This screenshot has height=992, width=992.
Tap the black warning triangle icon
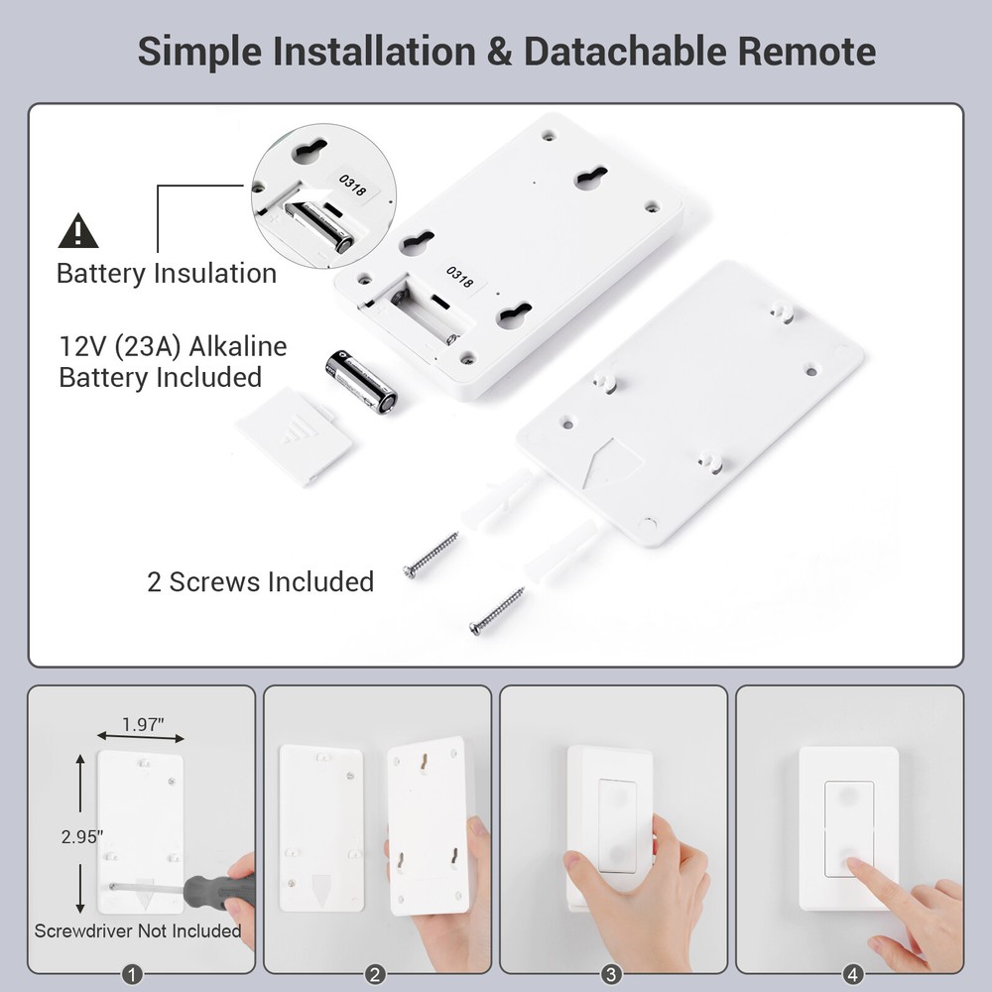[78, 231]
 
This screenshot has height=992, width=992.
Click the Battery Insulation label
[167, 273]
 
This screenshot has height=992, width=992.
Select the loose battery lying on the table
[361, 381]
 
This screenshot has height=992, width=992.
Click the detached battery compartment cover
[295, 434]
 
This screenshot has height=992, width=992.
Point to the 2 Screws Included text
[260, 581]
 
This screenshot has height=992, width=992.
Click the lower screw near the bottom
[497, 611]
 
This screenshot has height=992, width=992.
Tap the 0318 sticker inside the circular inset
[352, 184]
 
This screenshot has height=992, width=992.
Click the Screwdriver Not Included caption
[138, 930]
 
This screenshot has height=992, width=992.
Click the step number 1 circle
[139, 974]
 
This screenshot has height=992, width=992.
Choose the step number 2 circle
[375, 974]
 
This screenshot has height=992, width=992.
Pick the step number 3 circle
[611, 974]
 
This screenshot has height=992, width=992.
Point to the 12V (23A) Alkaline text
[174, 347]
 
